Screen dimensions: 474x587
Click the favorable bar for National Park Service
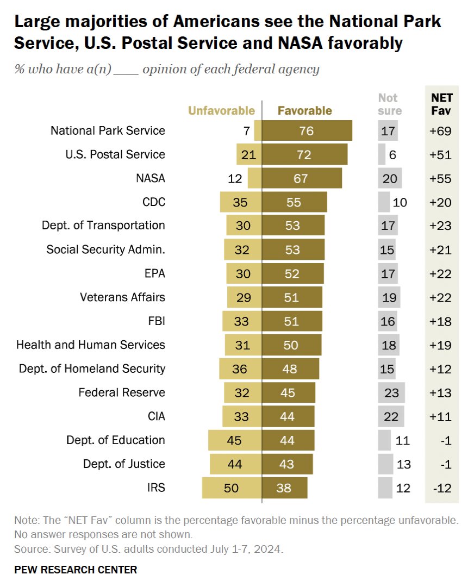307,130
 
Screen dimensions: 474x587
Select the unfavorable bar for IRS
232,488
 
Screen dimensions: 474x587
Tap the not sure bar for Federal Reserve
391,393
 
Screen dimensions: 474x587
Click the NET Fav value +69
440,131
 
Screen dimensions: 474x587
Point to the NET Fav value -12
442,488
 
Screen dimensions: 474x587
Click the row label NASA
151,178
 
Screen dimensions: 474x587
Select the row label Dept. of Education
116,440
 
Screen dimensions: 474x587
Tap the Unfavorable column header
221,111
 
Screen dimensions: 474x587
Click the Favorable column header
305,111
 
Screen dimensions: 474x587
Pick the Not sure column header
390,104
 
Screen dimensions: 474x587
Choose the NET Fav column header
442,104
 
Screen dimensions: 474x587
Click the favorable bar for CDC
294,202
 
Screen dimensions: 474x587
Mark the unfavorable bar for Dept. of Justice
236,464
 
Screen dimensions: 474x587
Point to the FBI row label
157,321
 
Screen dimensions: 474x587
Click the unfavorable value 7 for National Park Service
246,131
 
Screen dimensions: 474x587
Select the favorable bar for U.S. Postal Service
305,154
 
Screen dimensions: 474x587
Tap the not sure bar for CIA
391,417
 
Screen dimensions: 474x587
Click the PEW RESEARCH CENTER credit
76,570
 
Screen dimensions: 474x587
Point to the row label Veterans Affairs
122,297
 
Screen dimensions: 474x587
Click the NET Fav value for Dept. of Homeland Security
440,369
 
